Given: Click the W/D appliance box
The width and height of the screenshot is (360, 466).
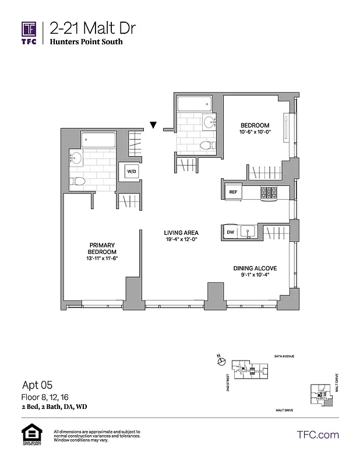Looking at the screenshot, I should tap(132, 172).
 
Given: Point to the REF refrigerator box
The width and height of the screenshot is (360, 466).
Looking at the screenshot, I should tap(233, 191).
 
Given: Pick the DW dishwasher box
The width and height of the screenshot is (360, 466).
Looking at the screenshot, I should tap(231, 232).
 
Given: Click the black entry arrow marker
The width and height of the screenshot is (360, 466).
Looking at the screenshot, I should tap(153, 125).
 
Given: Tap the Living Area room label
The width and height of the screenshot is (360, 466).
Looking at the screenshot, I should tap(181, 232).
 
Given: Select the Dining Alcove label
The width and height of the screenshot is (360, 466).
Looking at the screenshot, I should tap(255, 268).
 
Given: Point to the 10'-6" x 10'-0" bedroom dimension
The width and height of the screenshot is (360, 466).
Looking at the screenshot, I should tap(255, 132).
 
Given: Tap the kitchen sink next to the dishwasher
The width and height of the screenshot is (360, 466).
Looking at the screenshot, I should tap(248, 232).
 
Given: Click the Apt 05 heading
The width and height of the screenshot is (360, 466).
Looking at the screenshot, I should tap(37, 384).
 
